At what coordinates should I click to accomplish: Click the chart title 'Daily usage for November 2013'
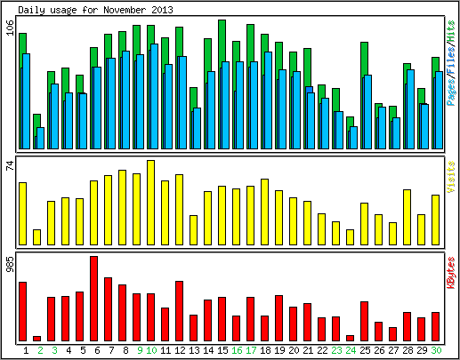[x=95, y=10]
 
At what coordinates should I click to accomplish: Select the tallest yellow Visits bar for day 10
[x=151, y=203]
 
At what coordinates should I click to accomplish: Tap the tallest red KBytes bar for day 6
[x=94, y=299]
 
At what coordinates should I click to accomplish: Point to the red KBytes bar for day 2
[x=37, y=339]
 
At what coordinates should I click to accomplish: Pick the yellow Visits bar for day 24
[x=351, y=237]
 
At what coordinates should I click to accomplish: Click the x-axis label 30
[x=436, y=350]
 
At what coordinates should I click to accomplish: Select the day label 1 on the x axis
[x=26, y=350]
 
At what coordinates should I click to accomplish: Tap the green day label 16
[x=237, y=350]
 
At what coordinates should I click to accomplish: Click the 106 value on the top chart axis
[x=11, y=28]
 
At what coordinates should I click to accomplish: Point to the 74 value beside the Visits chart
[x=11, y=165]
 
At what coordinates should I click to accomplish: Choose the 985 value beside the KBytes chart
[x=11, y=264]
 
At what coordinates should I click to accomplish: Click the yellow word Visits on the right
[x=450, y=177]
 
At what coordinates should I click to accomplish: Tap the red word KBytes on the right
[x=450, y=273]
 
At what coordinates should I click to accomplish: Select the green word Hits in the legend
[x=450, y=31]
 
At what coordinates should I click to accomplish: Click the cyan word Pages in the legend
[x=450, y=92]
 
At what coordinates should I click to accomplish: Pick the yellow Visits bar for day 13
[x=194, y=230]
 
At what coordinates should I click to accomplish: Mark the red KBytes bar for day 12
[x=180, y=311]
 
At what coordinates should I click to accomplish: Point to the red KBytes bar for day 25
[x=365, y=322]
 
